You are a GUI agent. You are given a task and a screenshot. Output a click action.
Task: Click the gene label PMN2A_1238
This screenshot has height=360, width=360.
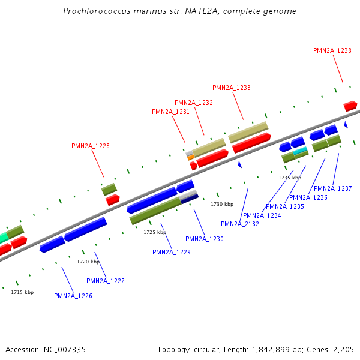tap(332, 50)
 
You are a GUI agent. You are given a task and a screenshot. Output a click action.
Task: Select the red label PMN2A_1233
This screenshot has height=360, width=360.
tap(232, 88)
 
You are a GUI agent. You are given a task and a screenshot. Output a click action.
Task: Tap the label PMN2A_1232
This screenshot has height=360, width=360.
tap(194, 103)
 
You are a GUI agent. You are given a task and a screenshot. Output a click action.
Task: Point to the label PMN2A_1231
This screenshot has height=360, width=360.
tap(170, 112)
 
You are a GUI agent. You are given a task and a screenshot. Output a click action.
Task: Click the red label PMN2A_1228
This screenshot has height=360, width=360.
tap(90, 146)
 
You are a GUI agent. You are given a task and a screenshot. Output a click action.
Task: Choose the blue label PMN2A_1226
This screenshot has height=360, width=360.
tap(73, 296)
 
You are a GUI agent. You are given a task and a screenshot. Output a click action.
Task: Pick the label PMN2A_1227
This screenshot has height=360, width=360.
tap(106, 281)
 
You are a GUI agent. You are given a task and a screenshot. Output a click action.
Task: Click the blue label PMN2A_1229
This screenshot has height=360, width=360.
tap(172, 252)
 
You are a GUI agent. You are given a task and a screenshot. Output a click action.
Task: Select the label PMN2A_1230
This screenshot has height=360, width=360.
tap(205, 239)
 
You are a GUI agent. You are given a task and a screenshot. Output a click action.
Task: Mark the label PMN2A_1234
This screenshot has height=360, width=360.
tap(262, 215)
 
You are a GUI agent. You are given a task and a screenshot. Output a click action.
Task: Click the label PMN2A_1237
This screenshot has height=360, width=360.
tap(332, 188)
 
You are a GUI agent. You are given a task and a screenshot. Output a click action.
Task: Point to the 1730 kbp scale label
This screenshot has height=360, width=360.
tap(222, 205)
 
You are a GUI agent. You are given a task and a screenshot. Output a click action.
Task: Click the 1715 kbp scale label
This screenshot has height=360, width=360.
tap(22, 292)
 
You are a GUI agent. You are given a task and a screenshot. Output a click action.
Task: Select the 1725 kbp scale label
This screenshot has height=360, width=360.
tap(155, 232)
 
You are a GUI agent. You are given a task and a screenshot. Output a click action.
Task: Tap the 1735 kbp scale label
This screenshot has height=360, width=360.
tap(290, 178)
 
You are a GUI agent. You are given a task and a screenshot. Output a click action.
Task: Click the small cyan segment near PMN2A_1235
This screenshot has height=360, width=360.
tap(300, 150)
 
